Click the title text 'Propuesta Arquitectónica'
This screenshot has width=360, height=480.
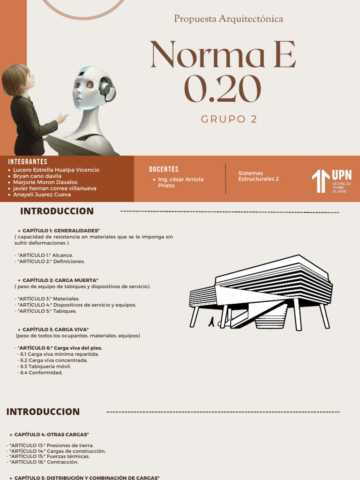coord(229,19)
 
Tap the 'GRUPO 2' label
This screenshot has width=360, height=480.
coord(229,119)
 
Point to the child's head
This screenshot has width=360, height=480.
coord(18,79)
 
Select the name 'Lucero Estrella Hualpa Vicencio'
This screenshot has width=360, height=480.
coord(56,170)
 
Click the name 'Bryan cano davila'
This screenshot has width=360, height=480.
coord(37,176)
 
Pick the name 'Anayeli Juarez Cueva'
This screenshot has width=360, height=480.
coord(42,195)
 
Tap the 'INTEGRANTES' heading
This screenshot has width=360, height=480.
coord(28,162)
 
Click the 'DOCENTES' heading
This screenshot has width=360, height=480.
coord(164,169)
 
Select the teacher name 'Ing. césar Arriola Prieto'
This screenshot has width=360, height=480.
coord(180,182)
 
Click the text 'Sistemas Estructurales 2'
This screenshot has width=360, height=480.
coord(258,176)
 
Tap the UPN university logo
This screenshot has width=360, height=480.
coord(331,181)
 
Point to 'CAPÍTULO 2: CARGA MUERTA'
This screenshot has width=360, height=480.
coord(60,280)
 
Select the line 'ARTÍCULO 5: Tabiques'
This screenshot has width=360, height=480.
coord(46,311)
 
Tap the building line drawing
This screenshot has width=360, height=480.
coord(261,293)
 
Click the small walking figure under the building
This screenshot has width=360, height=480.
coord(212,322)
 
